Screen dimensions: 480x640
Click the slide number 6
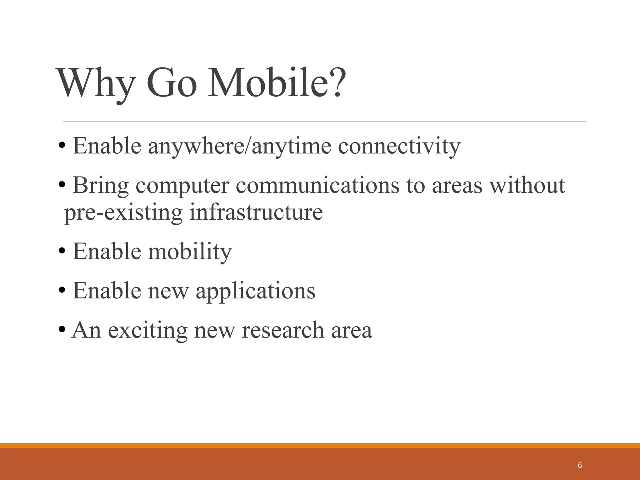580,465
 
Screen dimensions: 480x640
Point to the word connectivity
399,146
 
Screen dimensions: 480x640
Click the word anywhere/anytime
239,146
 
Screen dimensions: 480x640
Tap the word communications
317,185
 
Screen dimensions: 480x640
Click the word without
527,185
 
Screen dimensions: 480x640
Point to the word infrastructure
256,212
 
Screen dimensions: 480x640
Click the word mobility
190,252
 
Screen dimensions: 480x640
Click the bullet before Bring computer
62,185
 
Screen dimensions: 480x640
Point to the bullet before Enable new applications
62,290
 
